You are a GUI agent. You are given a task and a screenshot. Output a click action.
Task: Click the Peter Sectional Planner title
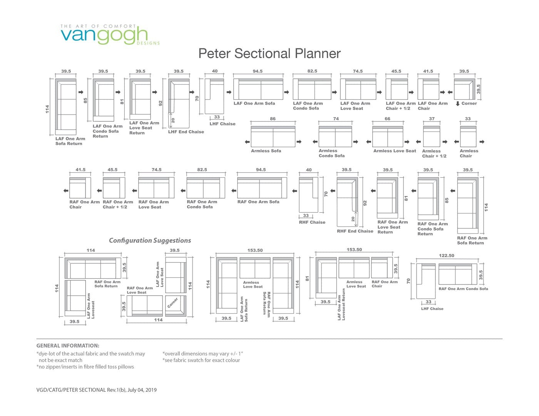269,53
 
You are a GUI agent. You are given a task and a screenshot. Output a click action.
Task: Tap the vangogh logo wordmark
104,35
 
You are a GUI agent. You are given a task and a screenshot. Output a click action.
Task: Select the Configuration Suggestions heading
150,240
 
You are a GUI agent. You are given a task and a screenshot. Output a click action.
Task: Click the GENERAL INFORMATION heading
68,346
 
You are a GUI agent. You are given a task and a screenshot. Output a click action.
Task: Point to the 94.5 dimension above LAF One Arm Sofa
258,71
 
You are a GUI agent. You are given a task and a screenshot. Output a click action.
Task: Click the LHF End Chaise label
186,132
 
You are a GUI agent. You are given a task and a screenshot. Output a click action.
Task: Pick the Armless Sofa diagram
273,136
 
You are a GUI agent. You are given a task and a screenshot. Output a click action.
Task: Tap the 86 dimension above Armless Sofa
273,118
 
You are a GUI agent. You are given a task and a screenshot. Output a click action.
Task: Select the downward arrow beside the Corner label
458,103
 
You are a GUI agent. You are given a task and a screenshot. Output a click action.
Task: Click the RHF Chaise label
312,222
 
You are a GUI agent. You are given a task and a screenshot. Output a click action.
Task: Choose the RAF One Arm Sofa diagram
262,188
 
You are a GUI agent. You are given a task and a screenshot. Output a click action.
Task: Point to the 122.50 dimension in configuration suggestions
447,256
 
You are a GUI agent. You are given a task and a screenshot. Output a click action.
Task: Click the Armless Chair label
469,153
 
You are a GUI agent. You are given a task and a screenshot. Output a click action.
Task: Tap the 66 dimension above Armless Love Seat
387,118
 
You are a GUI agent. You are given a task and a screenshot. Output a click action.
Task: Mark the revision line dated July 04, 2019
97,390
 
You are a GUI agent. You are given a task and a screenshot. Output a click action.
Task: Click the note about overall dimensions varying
203,354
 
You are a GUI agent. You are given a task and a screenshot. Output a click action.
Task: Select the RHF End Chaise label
355,231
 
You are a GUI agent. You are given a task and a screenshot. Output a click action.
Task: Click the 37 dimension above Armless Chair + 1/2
432,118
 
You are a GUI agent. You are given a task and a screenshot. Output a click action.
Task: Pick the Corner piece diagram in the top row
464,89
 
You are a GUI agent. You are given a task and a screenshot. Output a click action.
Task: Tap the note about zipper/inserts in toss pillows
85,367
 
